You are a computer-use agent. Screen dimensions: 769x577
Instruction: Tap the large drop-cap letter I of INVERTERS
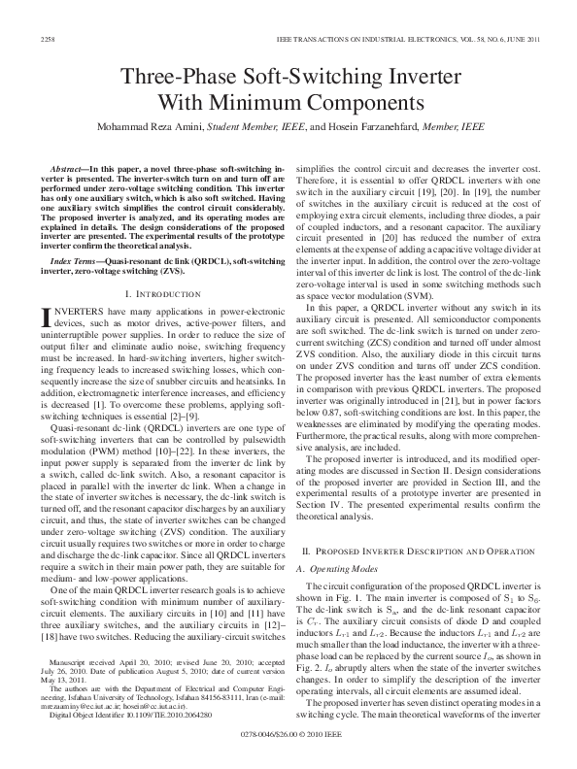(44, 289)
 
